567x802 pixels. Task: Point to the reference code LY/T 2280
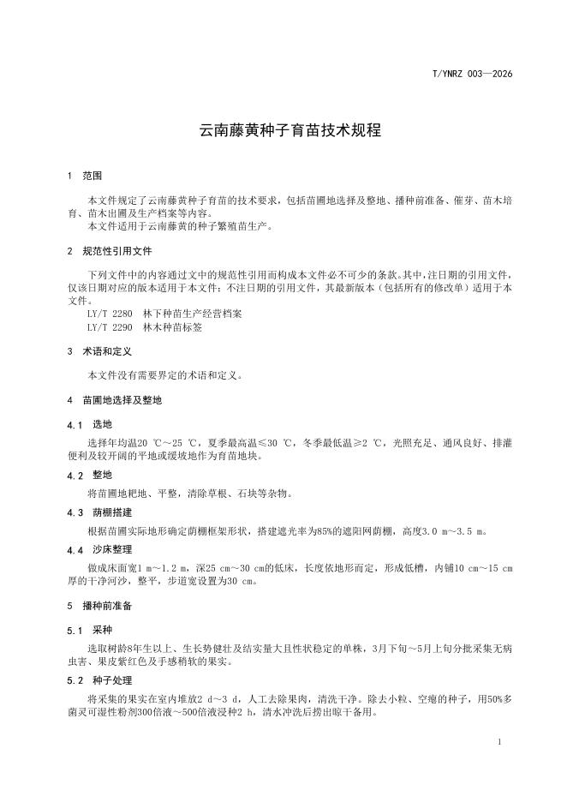110,314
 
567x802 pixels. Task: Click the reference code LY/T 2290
110,326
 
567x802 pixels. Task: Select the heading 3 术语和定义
101,350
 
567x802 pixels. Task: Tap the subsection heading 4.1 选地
89,424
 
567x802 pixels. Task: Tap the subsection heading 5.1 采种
89,630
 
